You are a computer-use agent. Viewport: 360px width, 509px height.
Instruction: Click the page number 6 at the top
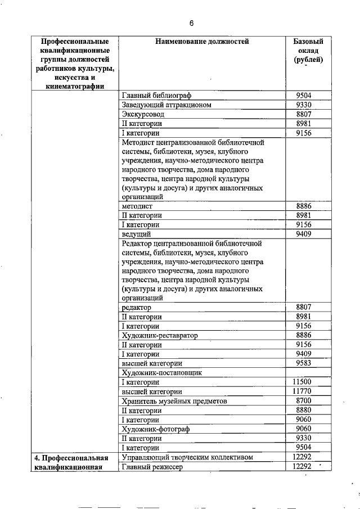[191, 23]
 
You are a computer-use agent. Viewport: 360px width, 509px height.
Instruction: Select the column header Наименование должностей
[202, 42]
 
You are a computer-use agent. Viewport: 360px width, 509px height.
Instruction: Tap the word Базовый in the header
[308, 42]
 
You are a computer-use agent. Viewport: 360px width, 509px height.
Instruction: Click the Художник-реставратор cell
[160, 335]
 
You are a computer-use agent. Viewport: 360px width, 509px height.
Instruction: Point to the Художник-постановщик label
[161, 372]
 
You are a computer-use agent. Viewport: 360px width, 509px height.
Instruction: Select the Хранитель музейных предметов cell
[174, 401]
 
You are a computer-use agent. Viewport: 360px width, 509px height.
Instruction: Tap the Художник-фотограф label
[155, 429]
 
